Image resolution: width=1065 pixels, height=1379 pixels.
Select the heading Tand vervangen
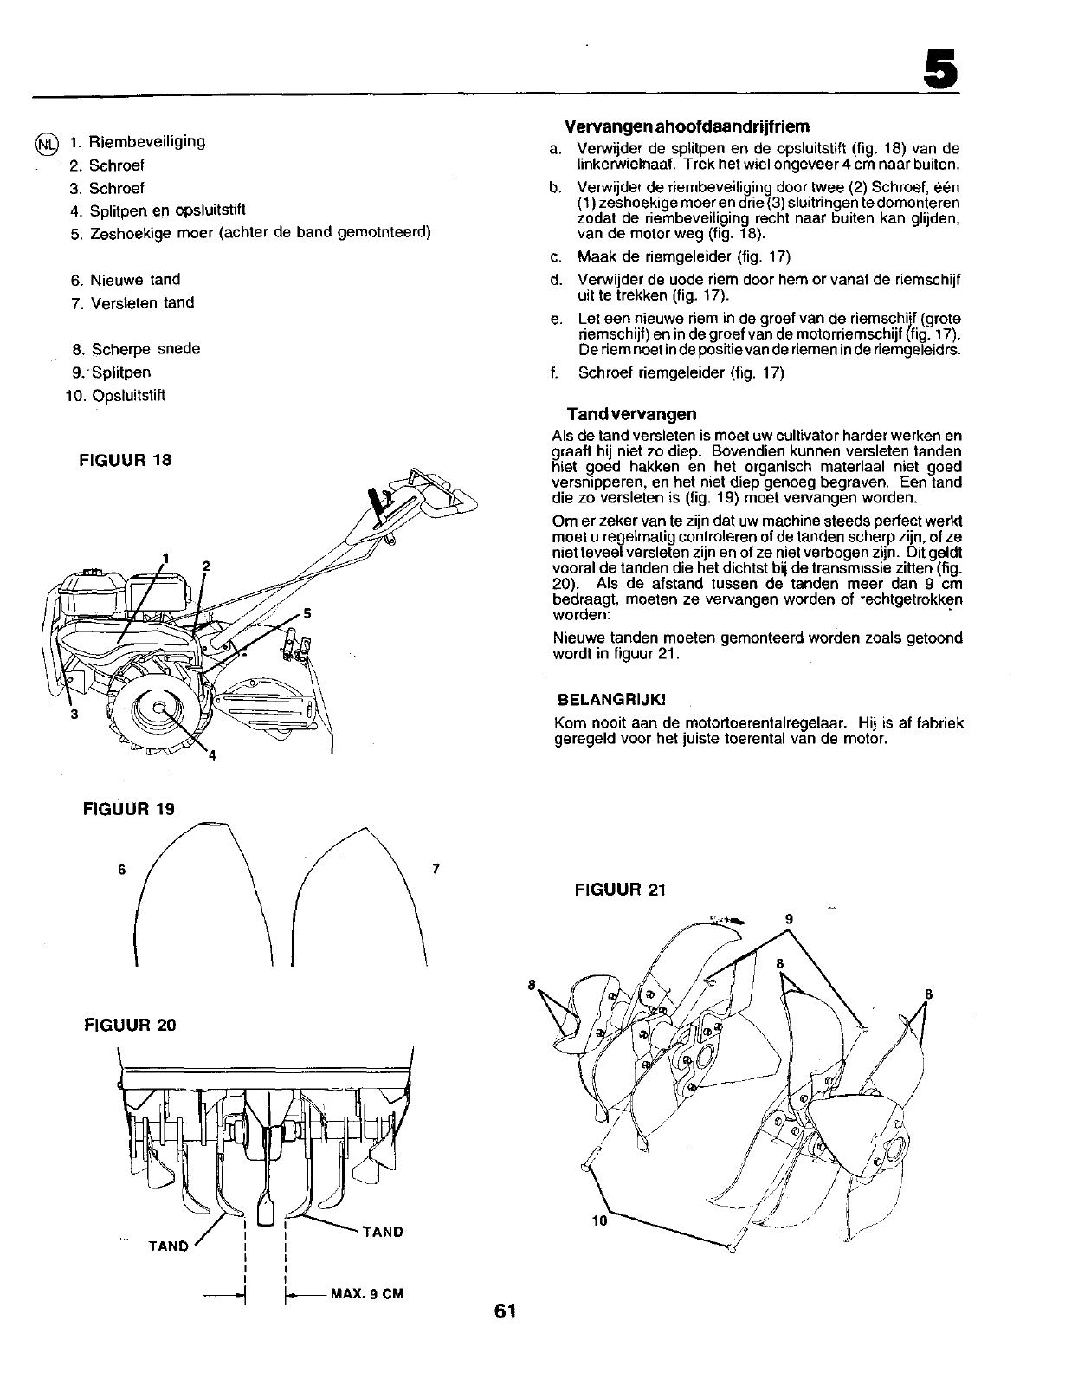click(x=631, y=414)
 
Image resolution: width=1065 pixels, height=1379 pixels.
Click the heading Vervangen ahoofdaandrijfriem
click(x=687, y=126)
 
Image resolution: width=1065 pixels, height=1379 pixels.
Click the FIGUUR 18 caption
click(x=126, y=460)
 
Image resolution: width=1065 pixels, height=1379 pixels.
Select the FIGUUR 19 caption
click(x=129, y=808)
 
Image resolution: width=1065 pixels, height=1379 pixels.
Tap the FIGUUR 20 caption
click(x=130, y=1025)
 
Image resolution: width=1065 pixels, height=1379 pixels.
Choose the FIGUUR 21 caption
click(x=619, y=890)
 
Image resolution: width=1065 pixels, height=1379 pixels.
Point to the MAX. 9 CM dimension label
click(x=368, y=1295)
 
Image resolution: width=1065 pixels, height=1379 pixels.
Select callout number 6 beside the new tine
click(x=122, y=869)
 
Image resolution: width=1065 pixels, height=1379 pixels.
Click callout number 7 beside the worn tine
click(x=436, y=867)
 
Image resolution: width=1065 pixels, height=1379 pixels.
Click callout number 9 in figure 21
click(x=789, y=918)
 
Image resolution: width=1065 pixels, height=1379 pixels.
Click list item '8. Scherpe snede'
click(x=136, y=349)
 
